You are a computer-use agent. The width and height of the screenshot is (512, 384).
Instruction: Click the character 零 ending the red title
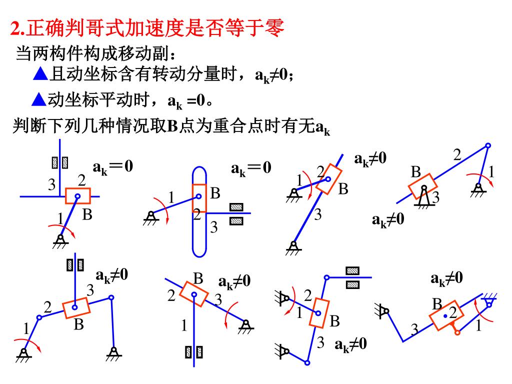[275, 28]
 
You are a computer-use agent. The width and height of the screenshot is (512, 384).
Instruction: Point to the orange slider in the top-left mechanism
[78, 195]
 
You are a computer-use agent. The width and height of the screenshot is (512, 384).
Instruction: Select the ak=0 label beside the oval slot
[251, 168]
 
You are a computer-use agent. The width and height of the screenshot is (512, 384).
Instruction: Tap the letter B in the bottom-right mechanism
[437, 304]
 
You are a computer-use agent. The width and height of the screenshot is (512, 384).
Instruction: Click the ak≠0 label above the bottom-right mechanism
[446, 278]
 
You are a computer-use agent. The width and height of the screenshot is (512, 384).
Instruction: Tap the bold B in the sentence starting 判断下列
[172, 126]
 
